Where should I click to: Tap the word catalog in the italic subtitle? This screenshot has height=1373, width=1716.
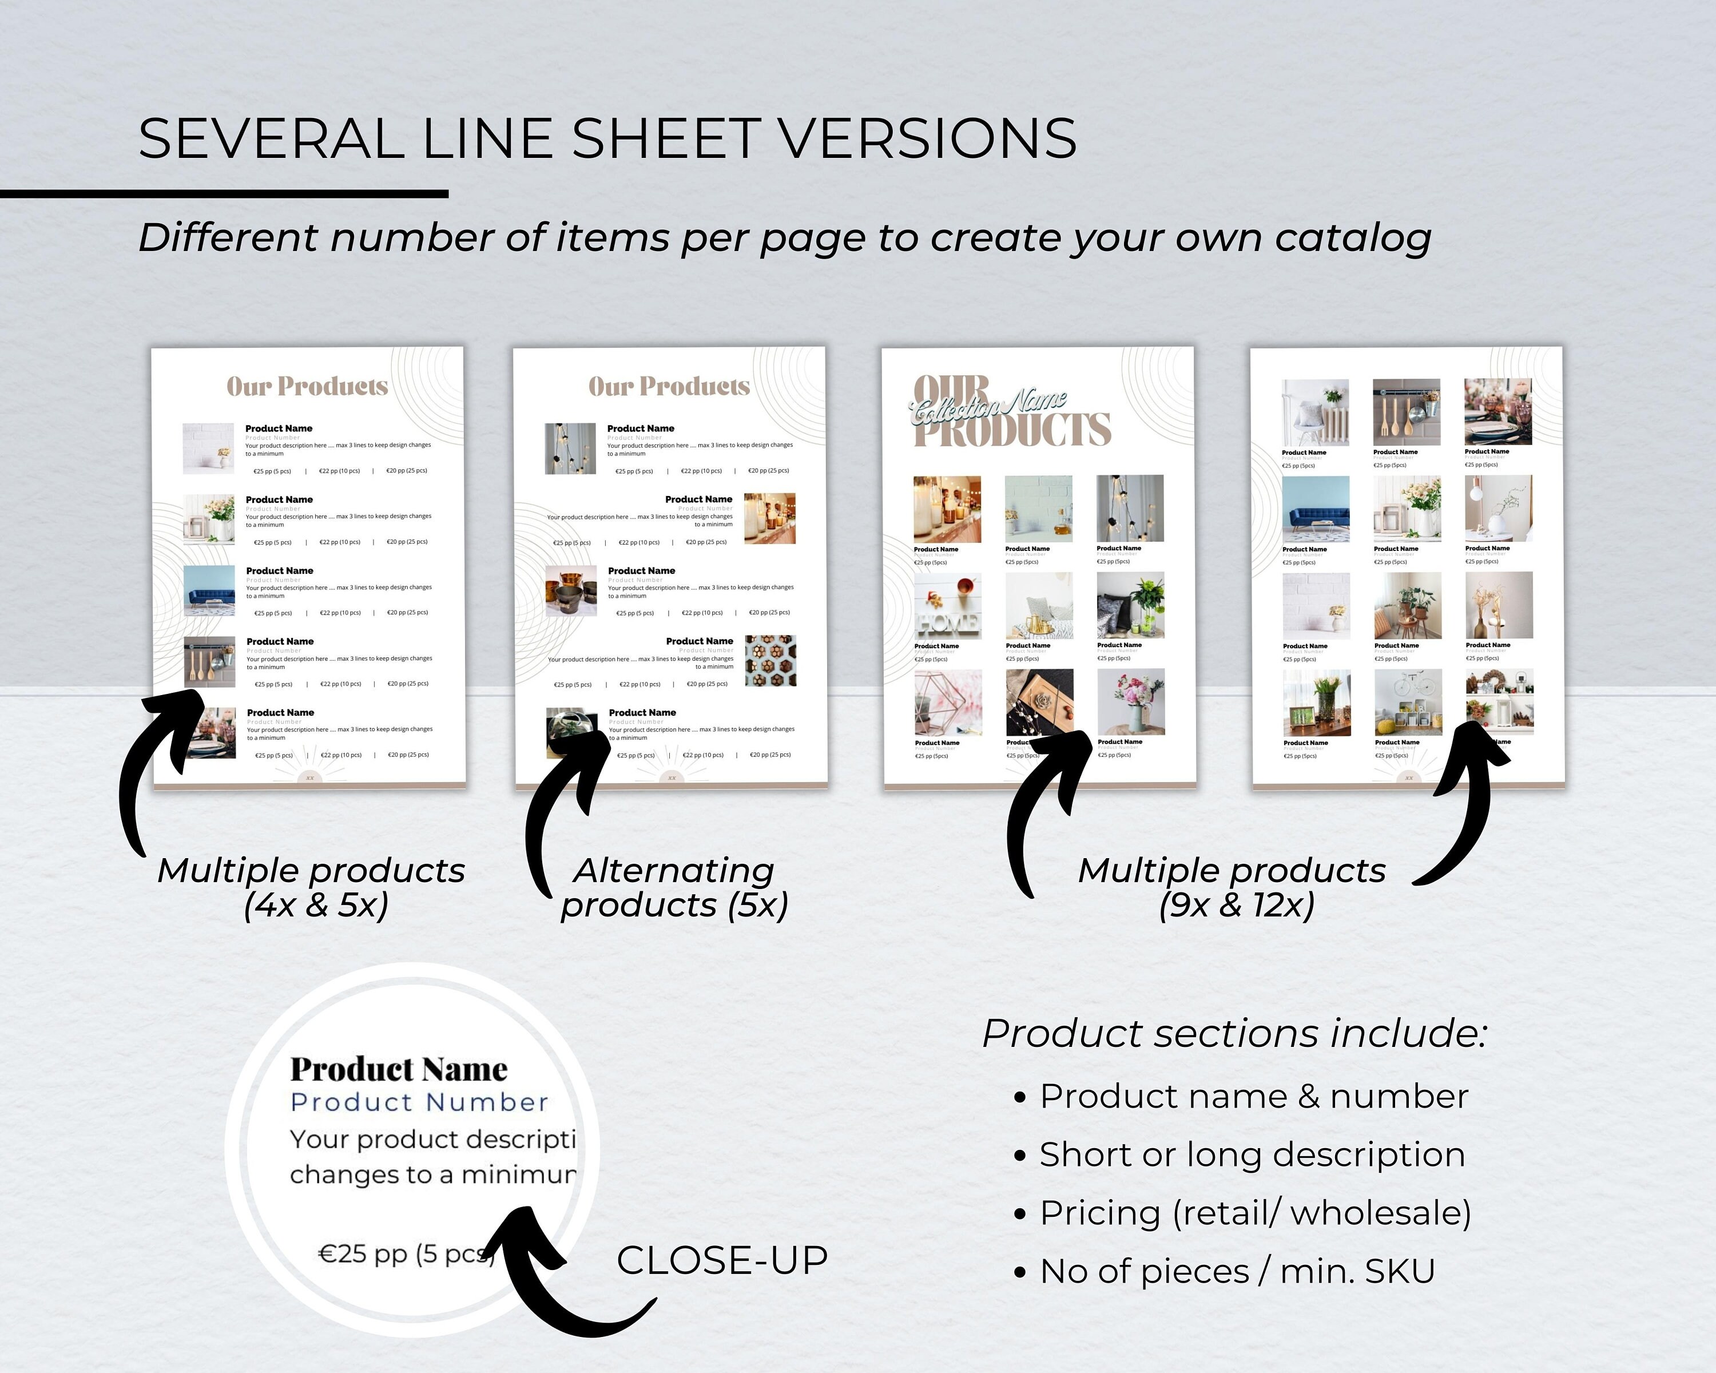pyautogui.click(x=1352, y=238)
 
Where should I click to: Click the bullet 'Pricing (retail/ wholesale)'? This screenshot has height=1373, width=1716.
pyautogui.click(x=1254, y=1213)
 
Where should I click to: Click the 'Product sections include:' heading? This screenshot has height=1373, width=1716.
pyautogui.click(x=1234, y=1034)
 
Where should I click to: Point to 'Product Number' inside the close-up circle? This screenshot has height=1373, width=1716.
pyautogui.click(x=419, y=1102)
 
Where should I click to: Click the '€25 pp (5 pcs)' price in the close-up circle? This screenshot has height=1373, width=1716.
pyautogui.click(x=406, y=1255)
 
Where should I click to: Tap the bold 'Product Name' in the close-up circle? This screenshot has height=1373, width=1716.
pyautogui.click(x=399, y=1069)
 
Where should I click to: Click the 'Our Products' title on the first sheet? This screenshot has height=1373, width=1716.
pyautogui.click(x=307, y=387)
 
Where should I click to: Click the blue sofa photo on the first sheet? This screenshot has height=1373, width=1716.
pyautogui.click(x=209, y=590)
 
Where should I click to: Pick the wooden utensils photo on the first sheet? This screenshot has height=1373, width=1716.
pyautogui.click(x=209, y=661)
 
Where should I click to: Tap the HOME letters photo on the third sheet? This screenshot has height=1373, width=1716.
pyautogui.click(x=947, y=606)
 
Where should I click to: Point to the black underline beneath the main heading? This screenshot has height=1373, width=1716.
pyautogui.click(x=224, y=193)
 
